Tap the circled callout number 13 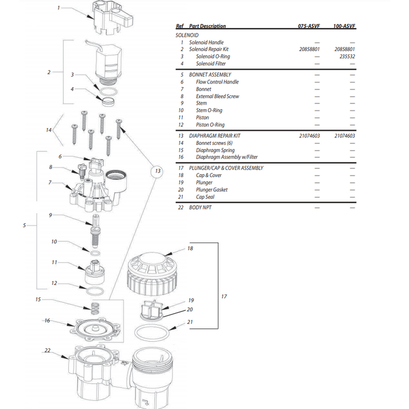pyautogui.click(x=157, y=171)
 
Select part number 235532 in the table pyautogui.click(x=344, y=57)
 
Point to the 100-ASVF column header pyautogui.click(x=344, y=26)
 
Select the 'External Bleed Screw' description pyautogui.click(x=217, y=96)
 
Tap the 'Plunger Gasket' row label pyautogui.click(x=212, y=190)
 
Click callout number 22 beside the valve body pyautogui.click(x=48, y=351)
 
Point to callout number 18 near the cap pyautogui.click(x=189, y=248)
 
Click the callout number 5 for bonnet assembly pyautogui.click(x=24, y=225)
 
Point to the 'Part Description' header pyautogui.click(x=207, y=26)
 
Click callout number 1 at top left pyautogui.click(x=58, y=9)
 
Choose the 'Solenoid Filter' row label pyautogui.click(x=211, y=64)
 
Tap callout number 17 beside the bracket pyautogui.click(x=224, y=297)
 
